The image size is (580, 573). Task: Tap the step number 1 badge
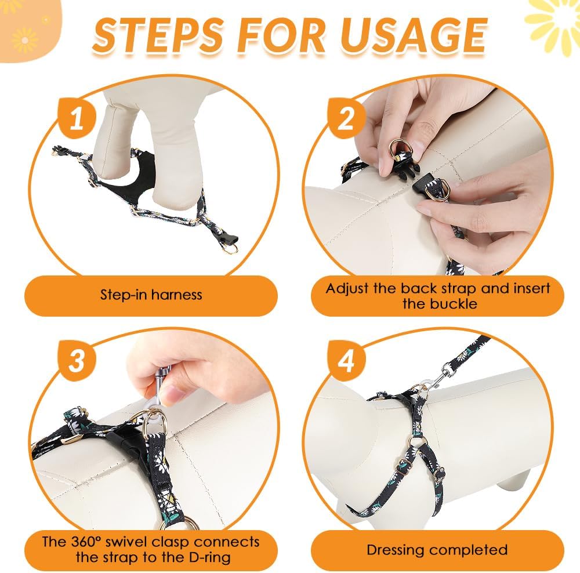75,119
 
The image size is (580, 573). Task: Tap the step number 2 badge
346,119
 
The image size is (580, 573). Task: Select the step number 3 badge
75,361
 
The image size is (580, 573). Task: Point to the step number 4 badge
346,361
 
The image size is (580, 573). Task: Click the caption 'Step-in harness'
151,295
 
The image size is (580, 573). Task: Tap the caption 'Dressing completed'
437,549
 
